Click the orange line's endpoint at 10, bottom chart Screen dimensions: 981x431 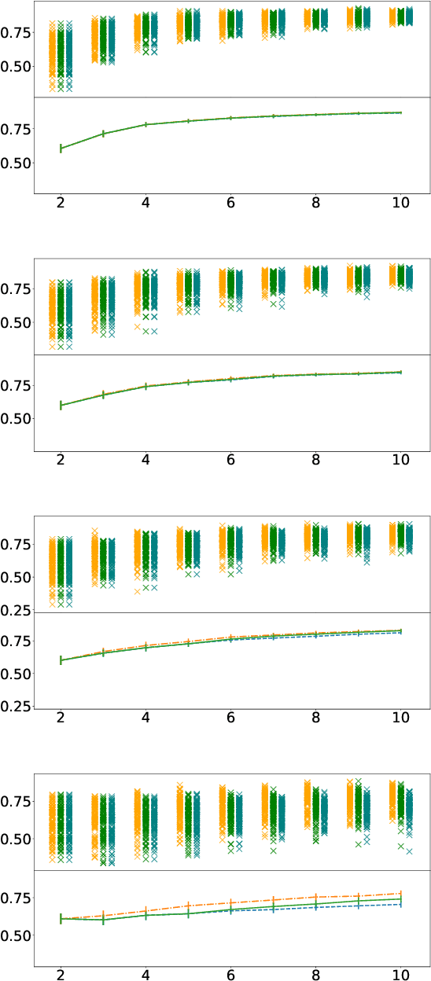click(x=401, y=893)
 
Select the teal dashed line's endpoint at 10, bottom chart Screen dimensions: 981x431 click(x=401, y=905)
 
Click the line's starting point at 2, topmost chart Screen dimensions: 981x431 click(x=61, y=148)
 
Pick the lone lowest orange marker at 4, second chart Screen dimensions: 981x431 click(x=137, y=326)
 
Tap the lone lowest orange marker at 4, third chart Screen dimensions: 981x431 click(x=137, y=591)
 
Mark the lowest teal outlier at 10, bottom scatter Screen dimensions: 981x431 click(x=409, y=851)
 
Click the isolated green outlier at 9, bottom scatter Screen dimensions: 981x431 click(x=358, y=844)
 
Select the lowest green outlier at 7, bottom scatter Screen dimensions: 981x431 click(x=273, y=851)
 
